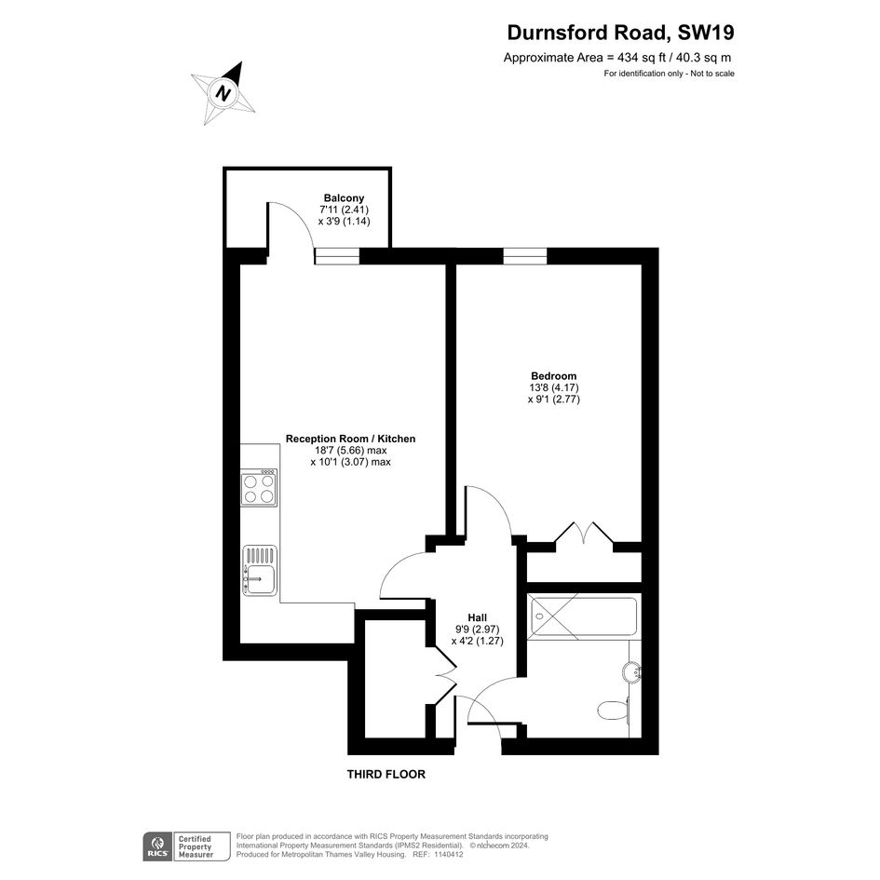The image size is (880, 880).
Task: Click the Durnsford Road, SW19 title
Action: tap(620, 33)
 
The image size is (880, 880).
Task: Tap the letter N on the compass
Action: tap(223, 92)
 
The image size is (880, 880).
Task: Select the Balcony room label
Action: tap(344, 198)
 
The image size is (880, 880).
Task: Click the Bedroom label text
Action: tap(553, 376)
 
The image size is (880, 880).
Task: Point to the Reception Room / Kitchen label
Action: tap(350, 439)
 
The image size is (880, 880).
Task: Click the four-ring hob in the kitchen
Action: tap(259, 488)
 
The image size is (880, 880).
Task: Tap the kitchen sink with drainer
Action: tap(259, 570)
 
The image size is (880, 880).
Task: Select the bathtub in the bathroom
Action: tap(583, 617)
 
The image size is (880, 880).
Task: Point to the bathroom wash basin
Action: tap(632, 671)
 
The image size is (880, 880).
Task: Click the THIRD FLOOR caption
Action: tap(386, 775)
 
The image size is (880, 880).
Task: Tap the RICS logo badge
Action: tap(158, 846)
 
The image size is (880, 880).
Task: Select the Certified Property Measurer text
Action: tap(196, 846)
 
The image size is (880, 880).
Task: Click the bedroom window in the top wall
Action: tap(525, 256)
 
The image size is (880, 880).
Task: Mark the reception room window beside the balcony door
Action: tap(337, 256)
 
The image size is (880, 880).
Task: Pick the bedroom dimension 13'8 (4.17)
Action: tap(554, 387)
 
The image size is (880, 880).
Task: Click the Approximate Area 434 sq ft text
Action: tap(617, 57)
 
